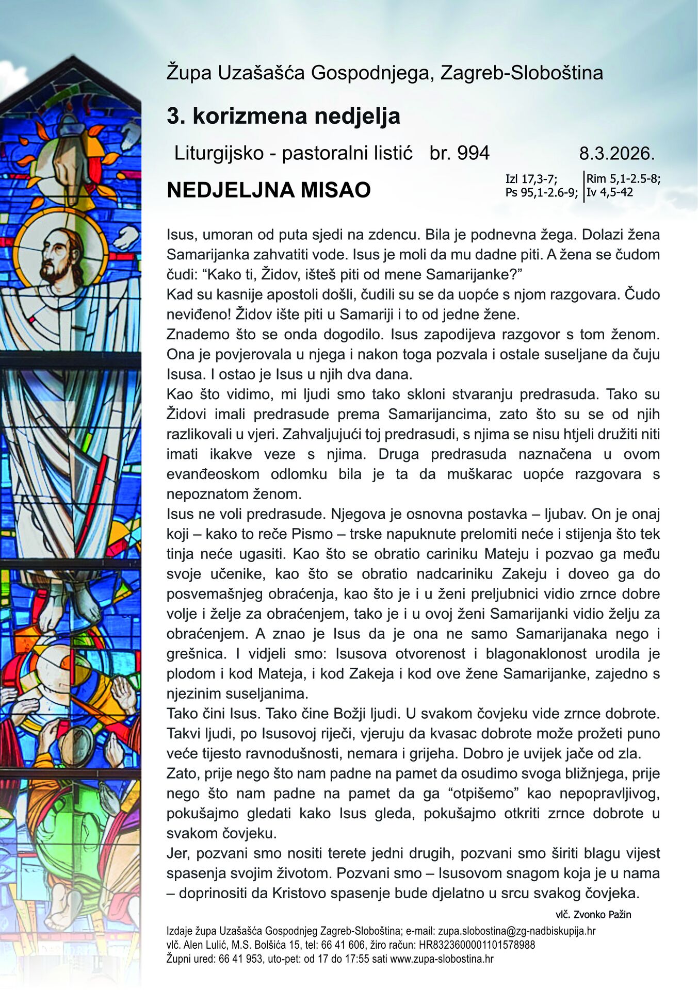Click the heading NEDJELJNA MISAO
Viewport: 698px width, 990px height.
click(x=268, y=190)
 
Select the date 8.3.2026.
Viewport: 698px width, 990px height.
click(x=616, y=154)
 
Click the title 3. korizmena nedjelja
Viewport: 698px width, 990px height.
click(x=283, y=116)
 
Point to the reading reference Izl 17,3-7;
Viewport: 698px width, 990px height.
click(x=531, y=179)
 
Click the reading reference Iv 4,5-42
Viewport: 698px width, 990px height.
click(x=610, y=193)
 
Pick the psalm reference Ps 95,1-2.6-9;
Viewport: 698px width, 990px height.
click(x=541, y=193)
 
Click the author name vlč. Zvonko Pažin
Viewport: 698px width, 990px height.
click(x=593, y=915)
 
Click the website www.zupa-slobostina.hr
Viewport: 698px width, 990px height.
click(x=442, y=959)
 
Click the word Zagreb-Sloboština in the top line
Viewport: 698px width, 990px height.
click(x=522, y=73)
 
